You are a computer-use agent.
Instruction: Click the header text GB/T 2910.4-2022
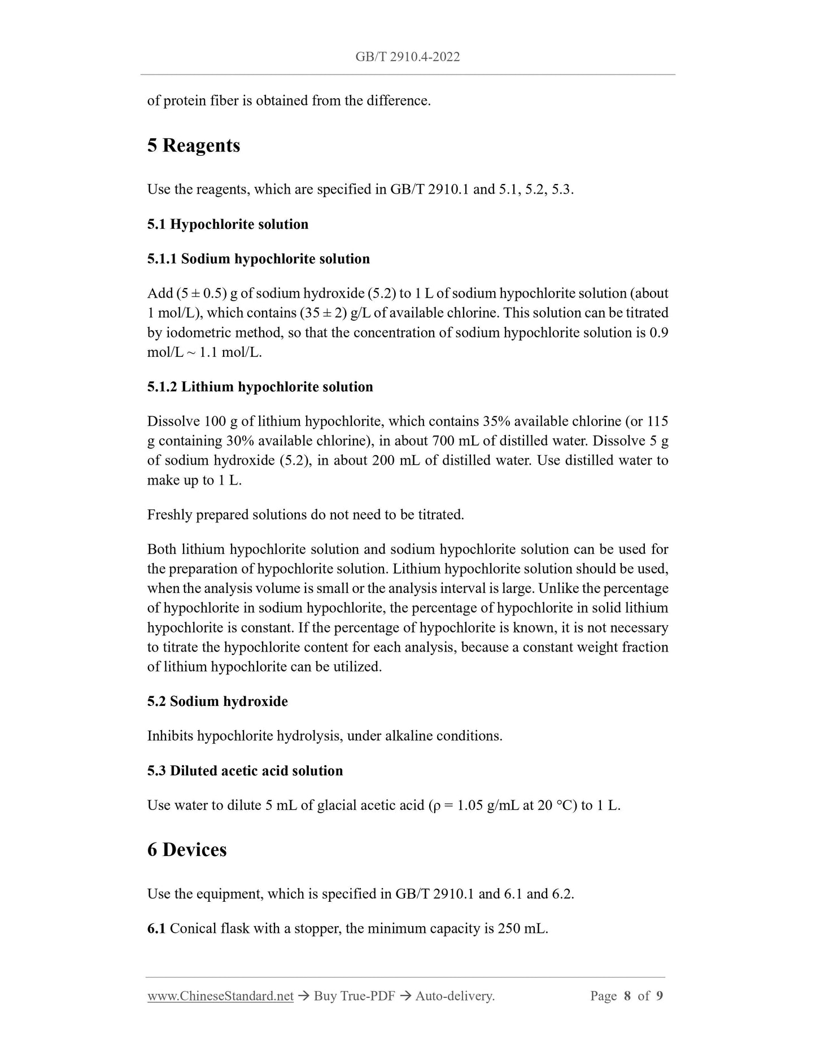tap(407, 56)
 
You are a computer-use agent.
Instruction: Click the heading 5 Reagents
tap(194, 145)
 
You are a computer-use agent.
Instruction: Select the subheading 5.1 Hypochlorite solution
tap(228, 224)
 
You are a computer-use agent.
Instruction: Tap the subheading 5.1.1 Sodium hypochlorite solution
tap(258, 259)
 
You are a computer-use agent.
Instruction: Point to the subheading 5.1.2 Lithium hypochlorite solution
tap(260, 387)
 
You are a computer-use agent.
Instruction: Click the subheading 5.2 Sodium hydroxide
tap(217, 701)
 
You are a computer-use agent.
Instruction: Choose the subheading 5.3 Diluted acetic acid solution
tap(245, 771)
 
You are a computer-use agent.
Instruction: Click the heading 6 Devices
tap(187, 850)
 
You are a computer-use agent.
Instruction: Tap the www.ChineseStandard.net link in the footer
tap(220, 996)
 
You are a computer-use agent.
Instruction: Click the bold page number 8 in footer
tap(627, 996)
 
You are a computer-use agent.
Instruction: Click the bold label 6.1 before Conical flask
tap(156, 929)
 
